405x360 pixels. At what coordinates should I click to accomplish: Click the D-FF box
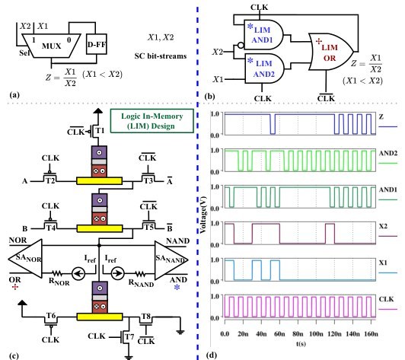[x=97, y=44]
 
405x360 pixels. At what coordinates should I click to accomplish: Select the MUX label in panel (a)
[x=52, y=46]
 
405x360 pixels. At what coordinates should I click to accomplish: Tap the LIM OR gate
[x=331, y=52]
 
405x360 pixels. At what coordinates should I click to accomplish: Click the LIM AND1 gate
[x=263, y=34]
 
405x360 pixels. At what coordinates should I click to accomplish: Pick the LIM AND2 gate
[x=264, y=68]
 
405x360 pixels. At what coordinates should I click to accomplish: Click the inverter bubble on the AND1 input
[x=241, y=46]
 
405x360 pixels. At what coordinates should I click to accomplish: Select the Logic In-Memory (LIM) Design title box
[x=152, y=121]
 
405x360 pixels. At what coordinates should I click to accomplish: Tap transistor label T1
[x=100, y=131]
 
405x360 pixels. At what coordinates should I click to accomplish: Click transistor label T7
[x=129, y=336]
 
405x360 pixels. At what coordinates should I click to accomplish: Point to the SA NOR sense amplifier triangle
[x=25, y=259]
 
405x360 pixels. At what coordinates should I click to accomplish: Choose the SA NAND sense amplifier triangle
[x=171, y=260]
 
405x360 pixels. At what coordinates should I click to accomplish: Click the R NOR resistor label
[x=59, y=282]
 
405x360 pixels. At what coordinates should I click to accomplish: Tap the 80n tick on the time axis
[x=298, y=334]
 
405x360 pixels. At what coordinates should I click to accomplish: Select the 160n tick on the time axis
[x=371, y=334]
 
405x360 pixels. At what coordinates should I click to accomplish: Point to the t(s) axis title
[x=301, y=344]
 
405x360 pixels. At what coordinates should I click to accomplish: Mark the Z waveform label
[x=381, y=116]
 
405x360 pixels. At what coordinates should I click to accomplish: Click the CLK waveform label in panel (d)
[x=386, y=299]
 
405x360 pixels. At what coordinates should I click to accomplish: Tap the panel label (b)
[x=209, y=97]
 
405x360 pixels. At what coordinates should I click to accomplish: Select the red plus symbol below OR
[x=15, y=287]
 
